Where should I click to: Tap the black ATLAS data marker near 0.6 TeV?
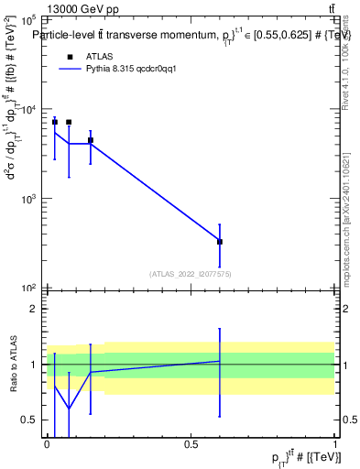coord(220,241)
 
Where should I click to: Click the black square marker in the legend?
coord(68,56)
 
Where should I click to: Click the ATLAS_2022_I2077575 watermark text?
coord(191,273)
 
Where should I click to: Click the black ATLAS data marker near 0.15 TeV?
coord(90,140)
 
